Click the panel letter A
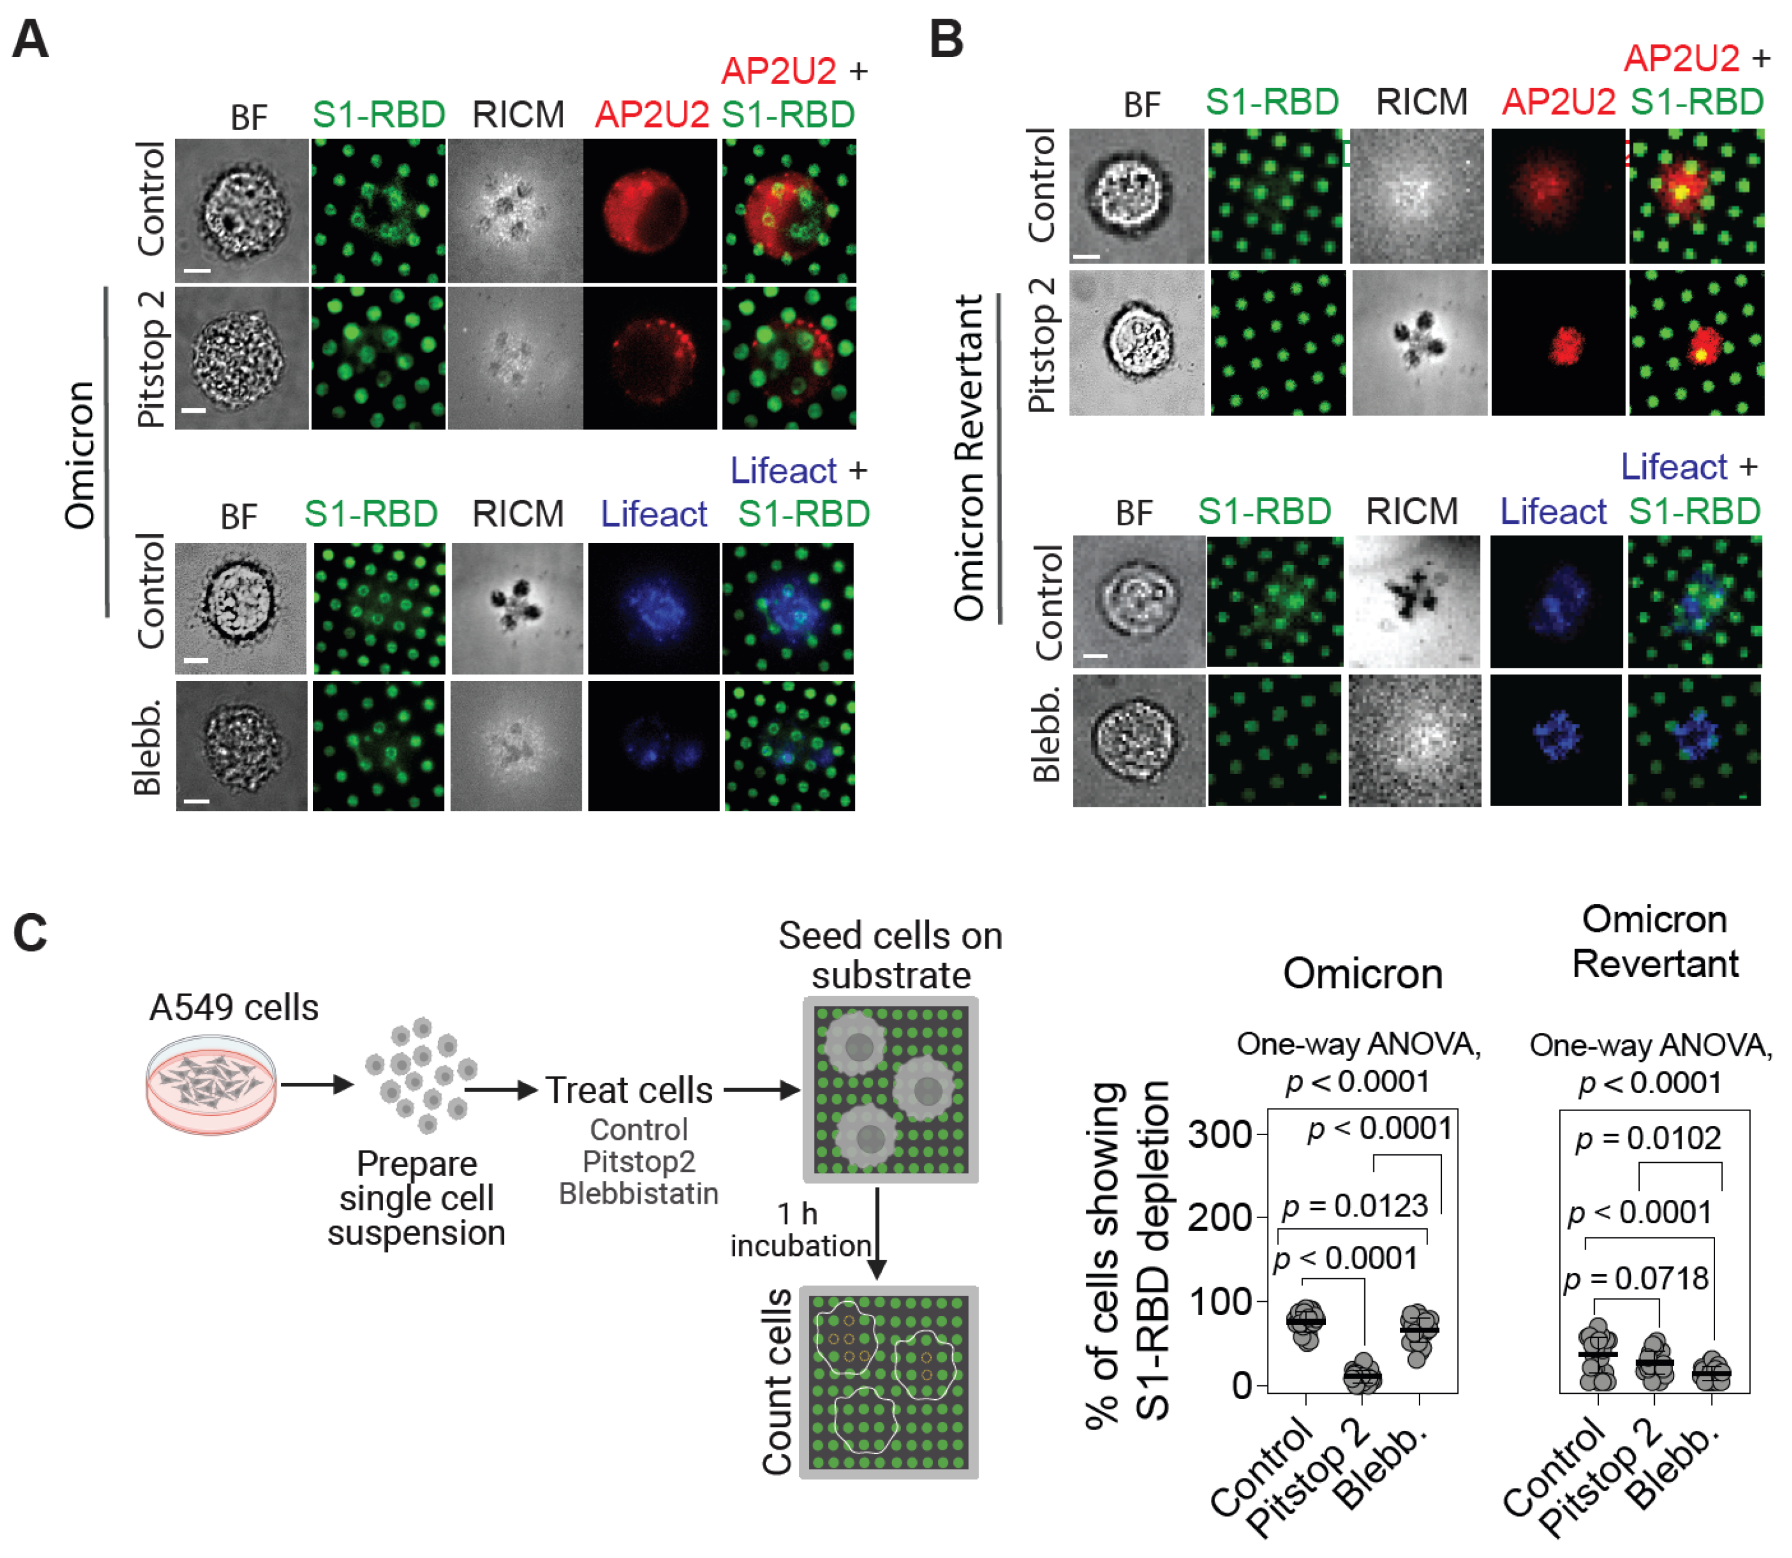[x=31, y=40]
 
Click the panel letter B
[x=946, y=40]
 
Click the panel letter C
[x=31, y=934]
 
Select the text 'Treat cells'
[x=629, y=1090]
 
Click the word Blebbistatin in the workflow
[x=638, y=1193]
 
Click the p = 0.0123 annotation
[x=1355, y=1206]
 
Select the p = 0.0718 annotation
[x=1636, y=1278]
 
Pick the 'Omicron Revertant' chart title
[x=1655, y=941]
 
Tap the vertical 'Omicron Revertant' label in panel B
[x=968, y=457]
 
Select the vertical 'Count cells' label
[x=777, y=1382]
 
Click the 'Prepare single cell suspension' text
[x=416, y=1198]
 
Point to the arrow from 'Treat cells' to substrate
[x=761, y=1090]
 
